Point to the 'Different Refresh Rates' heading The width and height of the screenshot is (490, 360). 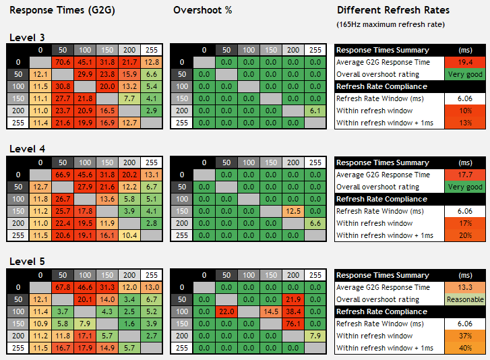pos(393,11)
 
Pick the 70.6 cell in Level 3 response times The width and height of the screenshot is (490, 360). pos(63,62)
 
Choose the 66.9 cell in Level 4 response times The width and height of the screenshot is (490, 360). pos(63,175)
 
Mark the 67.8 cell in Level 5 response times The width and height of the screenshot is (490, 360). pos(63,287)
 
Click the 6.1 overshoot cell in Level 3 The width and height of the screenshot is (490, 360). pos(315,111)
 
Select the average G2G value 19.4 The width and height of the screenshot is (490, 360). pos(465,62)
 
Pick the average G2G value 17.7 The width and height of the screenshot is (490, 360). pos(465,175)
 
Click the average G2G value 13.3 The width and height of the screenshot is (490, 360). pos(465,287)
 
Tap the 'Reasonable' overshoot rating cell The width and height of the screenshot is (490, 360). pos(465,299)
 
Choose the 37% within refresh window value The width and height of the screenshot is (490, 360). pos(465,336)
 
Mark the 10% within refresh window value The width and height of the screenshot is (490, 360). pos(465,111)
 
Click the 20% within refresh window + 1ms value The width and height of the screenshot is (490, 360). pos(465,235)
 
